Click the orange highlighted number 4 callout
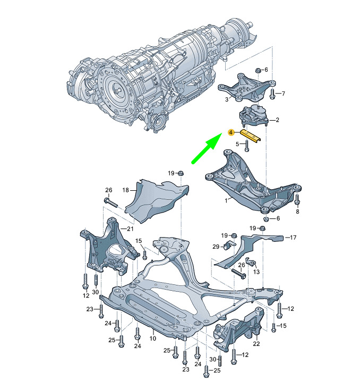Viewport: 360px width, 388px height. click(x=231, y=132)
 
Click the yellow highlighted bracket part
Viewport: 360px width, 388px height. click(x=251, y=136)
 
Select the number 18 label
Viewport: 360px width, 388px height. click(x=126, y=190)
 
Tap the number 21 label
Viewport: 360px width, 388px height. click(x=130, y=229)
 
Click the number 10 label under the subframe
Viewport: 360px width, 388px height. click(x=153, y=338)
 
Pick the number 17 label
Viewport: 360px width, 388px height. click(x=293, y=238)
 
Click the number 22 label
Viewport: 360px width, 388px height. click(x=256, y=344)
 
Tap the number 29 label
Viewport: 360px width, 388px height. click(x=216, y=247)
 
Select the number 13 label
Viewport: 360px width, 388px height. click(x=256, y=272)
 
